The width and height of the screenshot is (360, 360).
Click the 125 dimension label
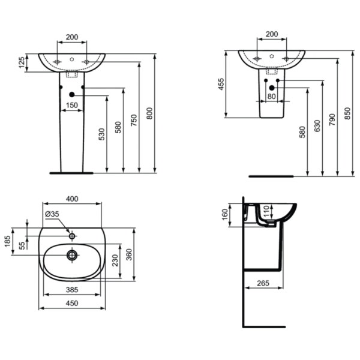click(x=22, y=62)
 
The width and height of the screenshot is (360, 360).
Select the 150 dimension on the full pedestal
click(x=71, y=106)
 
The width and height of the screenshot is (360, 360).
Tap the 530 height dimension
click(x=103, y=134)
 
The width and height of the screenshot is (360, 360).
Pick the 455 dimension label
click(x=220, y=85)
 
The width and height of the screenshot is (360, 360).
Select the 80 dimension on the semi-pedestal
click(x=271, y=96)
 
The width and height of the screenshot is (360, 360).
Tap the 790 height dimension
click(x=333, y=118)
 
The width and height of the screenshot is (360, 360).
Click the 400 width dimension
click(x=71, y=199)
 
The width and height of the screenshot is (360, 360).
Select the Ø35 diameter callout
click(x=51, y=214)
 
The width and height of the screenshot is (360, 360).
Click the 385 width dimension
click(x=71, y=289)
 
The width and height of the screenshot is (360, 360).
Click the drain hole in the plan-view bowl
click(x=72, y=256)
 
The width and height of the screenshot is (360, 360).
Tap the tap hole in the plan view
click(x=72, y=236)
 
